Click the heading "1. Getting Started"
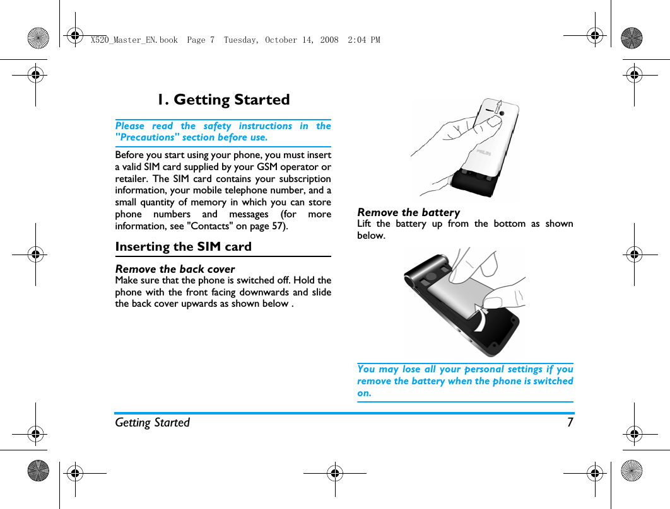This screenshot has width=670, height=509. point(223,100)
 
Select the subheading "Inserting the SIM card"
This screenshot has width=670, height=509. point(183,246)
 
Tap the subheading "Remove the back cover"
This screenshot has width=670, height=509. point(175,269)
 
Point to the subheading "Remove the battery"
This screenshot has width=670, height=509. point(408,212)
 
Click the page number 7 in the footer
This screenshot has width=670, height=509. point(570,422)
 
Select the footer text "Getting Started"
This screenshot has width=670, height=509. point(152,422)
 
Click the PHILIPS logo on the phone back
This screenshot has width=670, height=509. point(485,153)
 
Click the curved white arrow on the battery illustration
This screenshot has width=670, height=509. point(481,318)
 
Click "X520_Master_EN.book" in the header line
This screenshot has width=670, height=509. point(134,40)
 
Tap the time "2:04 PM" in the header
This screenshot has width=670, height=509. point(364,40)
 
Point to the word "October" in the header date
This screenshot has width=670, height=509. point(280,40)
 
